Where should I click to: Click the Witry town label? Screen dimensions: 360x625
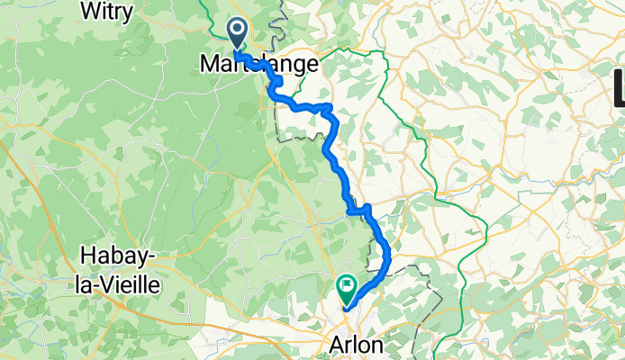click(x=107, y=12)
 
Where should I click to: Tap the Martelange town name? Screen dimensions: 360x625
click(x=258, y=65)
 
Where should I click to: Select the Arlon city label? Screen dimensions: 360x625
click(x=356, y=346)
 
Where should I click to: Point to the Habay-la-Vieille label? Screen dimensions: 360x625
click(x=120, y=271)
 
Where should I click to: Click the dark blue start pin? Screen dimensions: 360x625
click(x=238, y=33)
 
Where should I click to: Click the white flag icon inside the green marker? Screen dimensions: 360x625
click(x=348, y=287)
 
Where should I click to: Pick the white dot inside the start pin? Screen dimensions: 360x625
click(x=238, y=30)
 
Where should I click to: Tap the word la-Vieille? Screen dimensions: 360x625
click(x=120, y=285)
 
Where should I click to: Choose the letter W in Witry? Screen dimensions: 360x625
click(x=88, y=12)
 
